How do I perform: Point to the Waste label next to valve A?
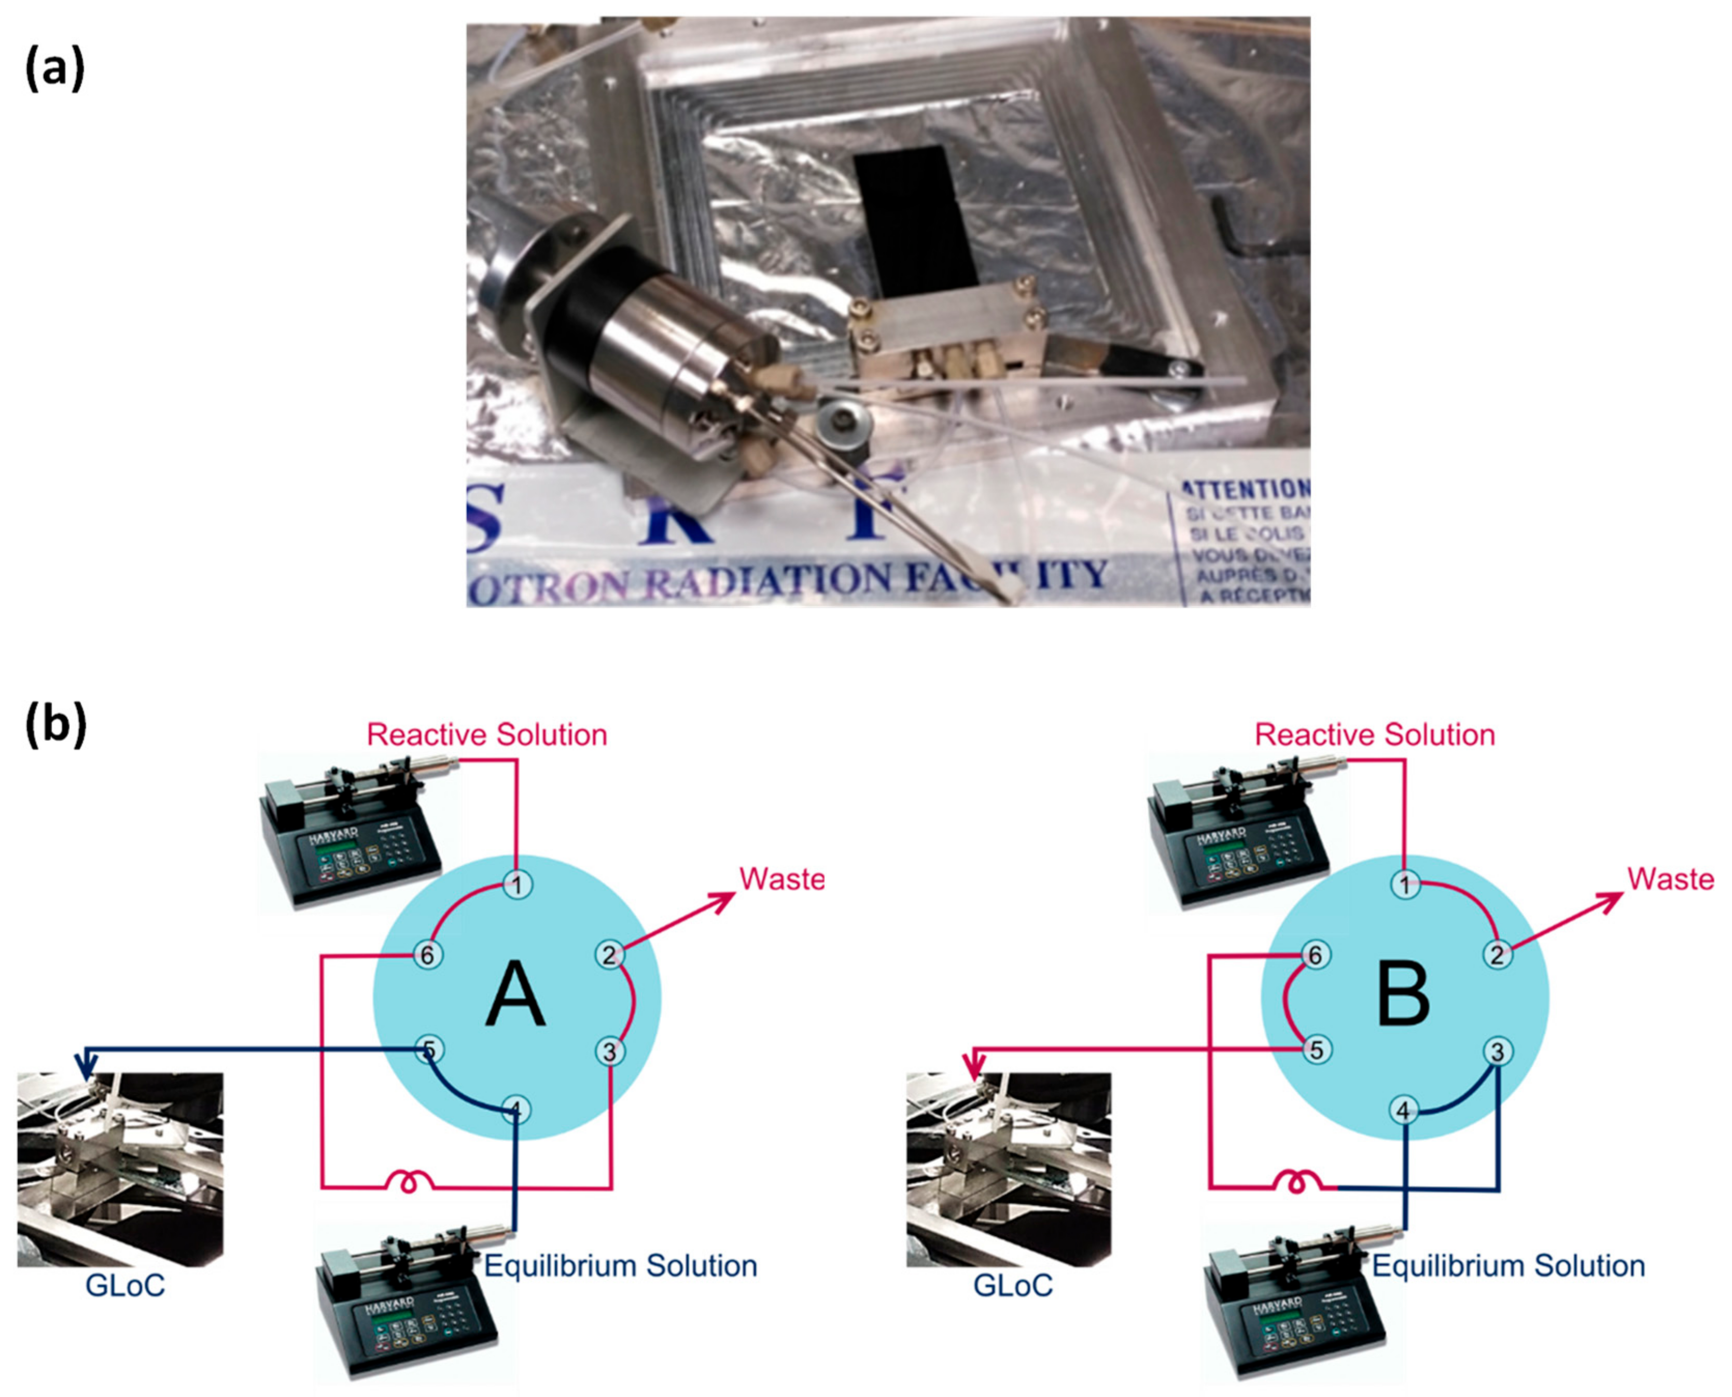click(x=781, y=879)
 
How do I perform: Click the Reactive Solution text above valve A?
click(x=486, y=735)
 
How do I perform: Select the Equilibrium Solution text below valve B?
click(x=1508, y=1266)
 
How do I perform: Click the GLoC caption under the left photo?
click(x=125, y=1285)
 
